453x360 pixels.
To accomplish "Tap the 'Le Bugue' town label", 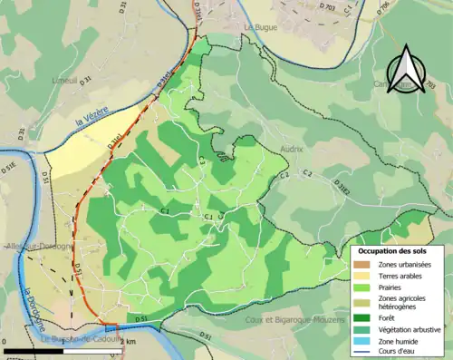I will pos(260,28).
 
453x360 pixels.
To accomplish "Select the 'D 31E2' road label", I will pos(342,186).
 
